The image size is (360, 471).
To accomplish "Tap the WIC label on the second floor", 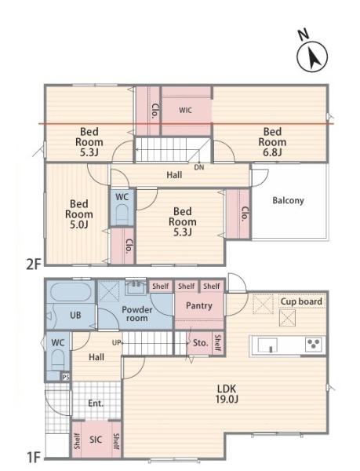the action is coord(185,110).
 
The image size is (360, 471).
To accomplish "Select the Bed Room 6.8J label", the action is coord(272,142).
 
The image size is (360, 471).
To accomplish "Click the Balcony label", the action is coord(288,200).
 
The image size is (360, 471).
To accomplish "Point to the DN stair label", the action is coord(199,167).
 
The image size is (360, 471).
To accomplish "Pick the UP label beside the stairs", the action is coord(116,342).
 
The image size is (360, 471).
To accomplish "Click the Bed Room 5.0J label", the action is coord(79,214).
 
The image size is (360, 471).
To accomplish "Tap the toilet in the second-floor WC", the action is coord(122,214).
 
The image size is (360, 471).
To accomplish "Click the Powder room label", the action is coord(136,314).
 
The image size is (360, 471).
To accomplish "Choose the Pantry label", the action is coord(199,306).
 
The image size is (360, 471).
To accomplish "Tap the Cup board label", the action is coord(301,301).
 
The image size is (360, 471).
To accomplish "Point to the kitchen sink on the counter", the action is coord(267,345).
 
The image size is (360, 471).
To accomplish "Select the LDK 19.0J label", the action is coord(227,394).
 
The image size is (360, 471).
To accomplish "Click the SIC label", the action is coord(96,440).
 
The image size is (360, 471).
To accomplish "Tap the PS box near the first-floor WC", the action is coord(66,377).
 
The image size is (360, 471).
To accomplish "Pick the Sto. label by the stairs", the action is coord(200,343).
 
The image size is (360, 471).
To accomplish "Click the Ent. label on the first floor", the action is coord(96,403).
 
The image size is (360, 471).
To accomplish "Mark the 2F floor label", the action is coord(33,265).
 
